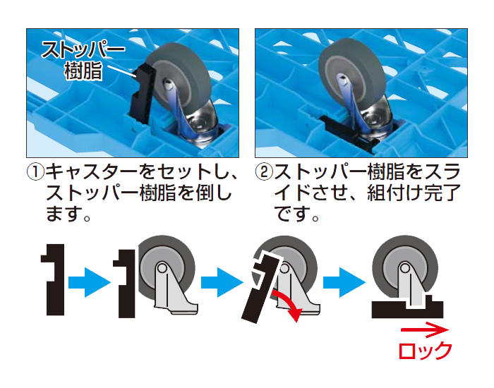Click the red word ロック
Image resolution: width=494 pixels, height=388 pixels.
coord(426,351)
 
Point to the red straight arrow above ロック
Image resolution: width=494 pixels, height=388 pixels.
coord(425,330)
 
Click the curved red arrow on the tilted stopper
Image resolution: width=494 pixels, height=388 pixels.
coord(288,305)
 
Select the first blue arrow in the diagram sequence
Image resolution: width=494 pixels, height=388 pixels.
coord(90,282)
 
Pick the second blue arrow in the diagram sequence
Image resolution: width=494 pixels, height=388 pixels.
coord(222,282)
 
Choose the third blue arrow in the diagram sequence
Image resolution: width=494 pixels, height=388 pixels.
coord(344,282)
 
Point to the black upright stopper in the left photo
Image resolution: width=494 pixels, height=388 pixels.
coord(142,93)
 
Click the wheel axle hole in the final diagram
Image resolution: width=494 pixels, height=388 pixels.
coord(404,268)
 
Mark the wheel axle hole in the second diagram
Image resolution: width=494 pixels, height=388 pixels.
coord(162,268)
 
